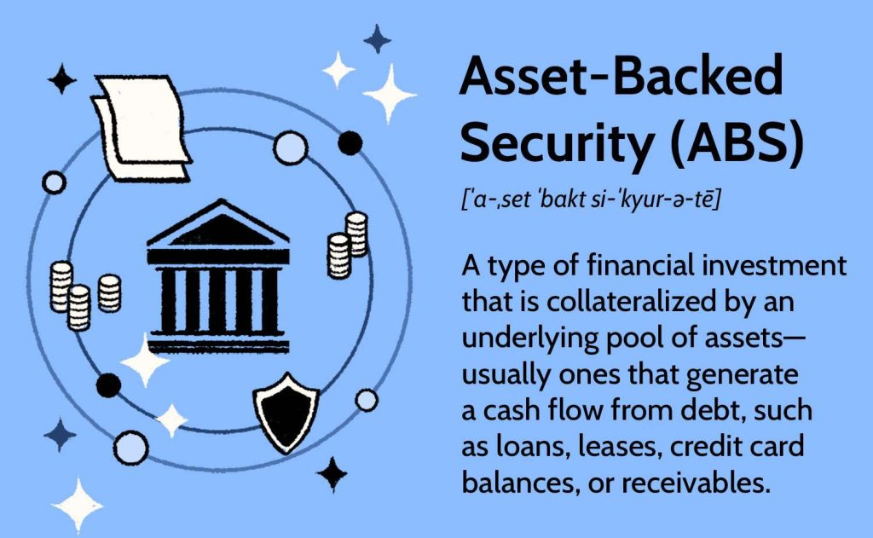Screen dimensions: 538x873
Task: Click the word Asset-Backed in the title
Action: pyautogui.click(x=621, y=79)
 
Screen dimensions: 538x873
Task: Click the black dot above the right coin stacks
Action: pyautogui.click(x=349, y=143)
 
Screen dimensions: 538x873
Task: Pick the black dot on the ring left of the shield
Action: pyautogui.click(x=108, y=385)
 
